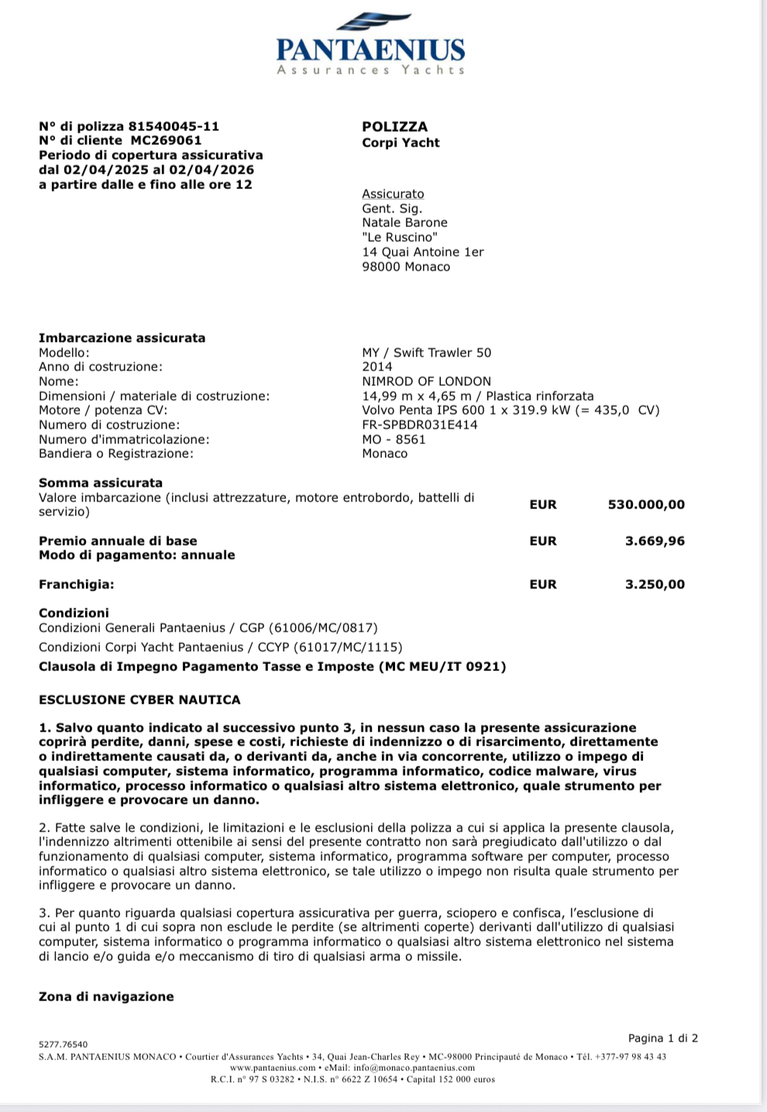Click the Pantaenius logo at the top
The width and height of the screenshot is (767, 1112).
point(370,45)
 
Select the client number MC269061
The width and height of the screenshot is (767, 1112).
point(166,140)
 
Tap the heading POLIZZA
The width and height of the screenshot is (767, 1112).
point(394,126)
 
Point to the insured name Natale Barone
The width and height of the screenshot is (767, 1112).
point(404,222)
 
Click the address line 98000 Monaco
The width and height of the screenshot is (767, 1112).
point(405,267)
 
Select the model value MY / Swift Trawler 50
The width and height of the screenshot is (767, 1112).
point(426,353)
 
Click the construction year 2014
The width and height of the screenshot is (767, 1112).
point(377,367)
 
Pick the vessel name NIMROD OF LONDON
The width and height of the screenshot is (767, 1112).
point(426,381)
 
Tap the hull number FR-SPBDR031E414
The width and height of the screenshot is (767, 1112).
point(420,425)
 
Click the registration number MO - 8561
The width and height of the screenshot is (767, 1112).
point(394,439)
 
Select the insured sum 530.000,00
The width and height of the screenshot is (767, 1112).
point(646,504)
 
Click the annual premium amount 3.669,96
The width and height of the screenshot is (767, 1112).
point(655,541)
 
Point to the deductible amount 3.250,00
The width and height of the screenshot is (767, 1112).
point(655,584)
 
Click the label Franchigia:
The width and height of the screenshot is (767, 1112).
point(76,584)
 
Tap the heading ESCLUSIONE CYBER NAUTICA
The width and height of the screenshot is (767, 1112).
point(139,700)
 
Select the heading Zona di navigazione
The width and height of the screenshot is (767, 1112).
point(106,997)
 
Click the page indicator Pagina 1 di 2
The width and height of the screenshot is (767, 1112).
point(662,1038)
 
